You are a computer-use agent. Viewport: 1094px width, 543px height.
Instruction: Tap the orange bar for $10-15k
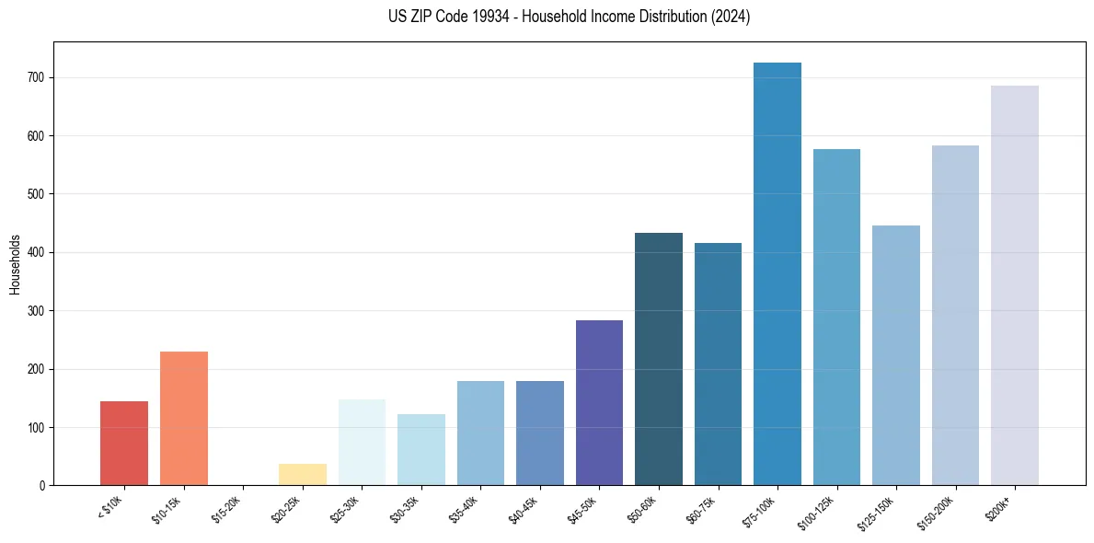(x=184, y=419)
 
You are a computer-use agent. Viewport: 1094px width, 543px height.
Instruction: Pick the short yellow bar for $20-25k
(x=303, y=475)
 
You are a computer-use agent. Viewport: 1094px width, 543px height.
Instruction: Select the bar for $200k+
(x=1015, y=285)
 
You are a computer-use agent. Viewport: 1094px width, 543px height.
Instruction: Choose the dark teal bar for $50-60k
(x=659, y=359)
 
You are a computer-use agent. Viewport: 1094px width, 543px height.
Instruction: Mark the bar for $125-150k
(x=896, y=355)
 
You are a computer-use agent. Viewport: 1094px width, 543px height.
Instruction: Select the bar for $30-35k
(x=421, y=450)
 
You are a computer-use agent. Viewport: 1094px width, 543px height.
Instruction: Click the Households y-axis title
(x=16, y=263)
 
